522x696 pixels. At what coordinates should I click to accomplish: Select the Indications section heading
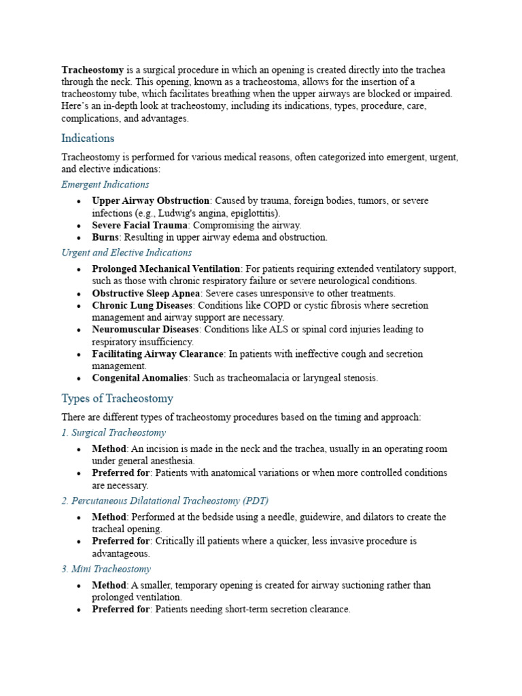coord(88,138)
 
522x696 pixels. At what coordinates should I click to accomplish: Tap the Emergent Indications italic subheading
coord(105,184)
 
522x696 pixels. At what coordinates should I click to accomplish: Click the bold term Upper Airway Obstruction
coord(151,201)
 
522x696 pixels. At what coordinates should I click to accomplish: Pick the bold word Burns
coord(105,237)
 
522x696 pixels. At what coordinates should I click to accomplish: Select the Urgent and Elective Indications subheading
coord(126,252)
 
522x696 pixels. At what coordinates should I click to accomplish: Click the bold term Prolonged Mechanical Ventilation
coord(166,269)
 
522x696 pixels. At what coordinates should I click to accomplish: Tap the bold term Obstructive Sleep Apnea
coord(143,294)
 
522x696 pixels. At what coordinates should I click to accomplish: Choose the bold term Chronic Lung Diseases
coord(143,305)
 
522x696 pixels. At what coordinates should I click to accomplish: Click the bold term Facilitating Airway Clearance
coord(158,353)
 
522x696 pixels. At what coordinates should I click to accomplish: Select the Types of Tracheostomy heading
coord(117,398)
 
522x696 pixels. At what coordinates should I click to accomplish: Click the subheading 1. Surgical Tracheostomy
coord(114,432)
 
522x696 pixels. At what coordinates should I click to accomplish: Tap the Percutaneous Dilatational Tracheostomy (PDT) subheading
coord(164,500)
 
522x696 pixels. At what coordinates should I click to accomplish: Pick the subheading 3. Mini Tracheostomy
coord(106,569)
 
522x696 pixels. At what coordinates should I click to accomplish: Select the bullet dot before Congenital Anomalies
coord(80,379)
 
